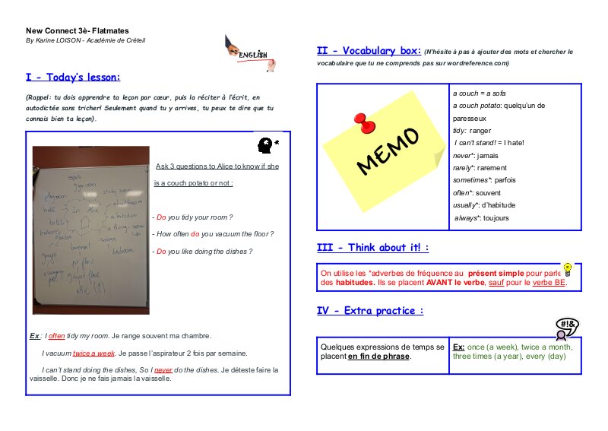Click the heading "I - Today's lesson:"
pos(73,77)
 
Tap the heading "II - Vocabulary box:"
pos(369,51)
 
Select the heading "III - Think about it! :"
pos(372,248)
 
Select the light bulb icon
pos(566,269)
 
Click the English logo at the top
pos(249,52)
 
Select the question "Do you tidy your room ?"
pos(194,217)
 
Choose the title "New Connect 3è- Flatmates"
pos(68,30)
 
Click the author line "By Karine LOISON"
pos(85,40)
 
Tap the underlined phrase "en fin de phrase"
pos(378,357)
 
